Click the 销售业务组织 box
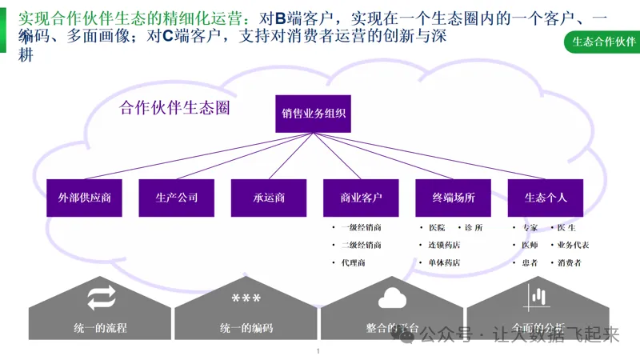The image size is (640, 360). (314, 114)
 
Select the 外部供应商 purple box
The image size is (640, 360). (84, 198)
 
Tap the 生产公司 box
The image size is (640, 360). (176, 198)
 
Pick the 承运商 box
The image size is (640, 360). (269, 198)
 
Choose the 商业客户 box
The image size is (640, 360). (361, 198)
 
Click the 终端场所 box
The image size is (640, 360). (454, 198)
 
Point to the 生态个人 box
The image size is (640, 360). (546, 198)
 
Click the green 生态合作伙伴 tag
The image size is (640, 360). (599, 42)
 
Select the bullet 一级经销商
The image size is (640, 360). (361, 228)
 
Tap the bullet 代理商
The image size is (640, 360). (353, 263)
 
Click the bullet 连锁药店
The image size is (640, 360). (444, 246)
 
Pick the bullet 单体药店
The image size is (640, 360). (444, 263)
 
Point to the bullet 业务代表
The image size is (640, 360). (574, 246)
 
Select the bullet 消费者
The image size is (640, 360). (570, 263)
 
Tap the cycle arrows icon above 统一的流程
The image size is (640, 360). (102, 299)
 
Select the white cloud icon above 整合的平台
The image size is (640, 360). (393, 298)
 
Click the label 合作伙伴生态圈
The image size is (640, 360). (174, 108)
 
